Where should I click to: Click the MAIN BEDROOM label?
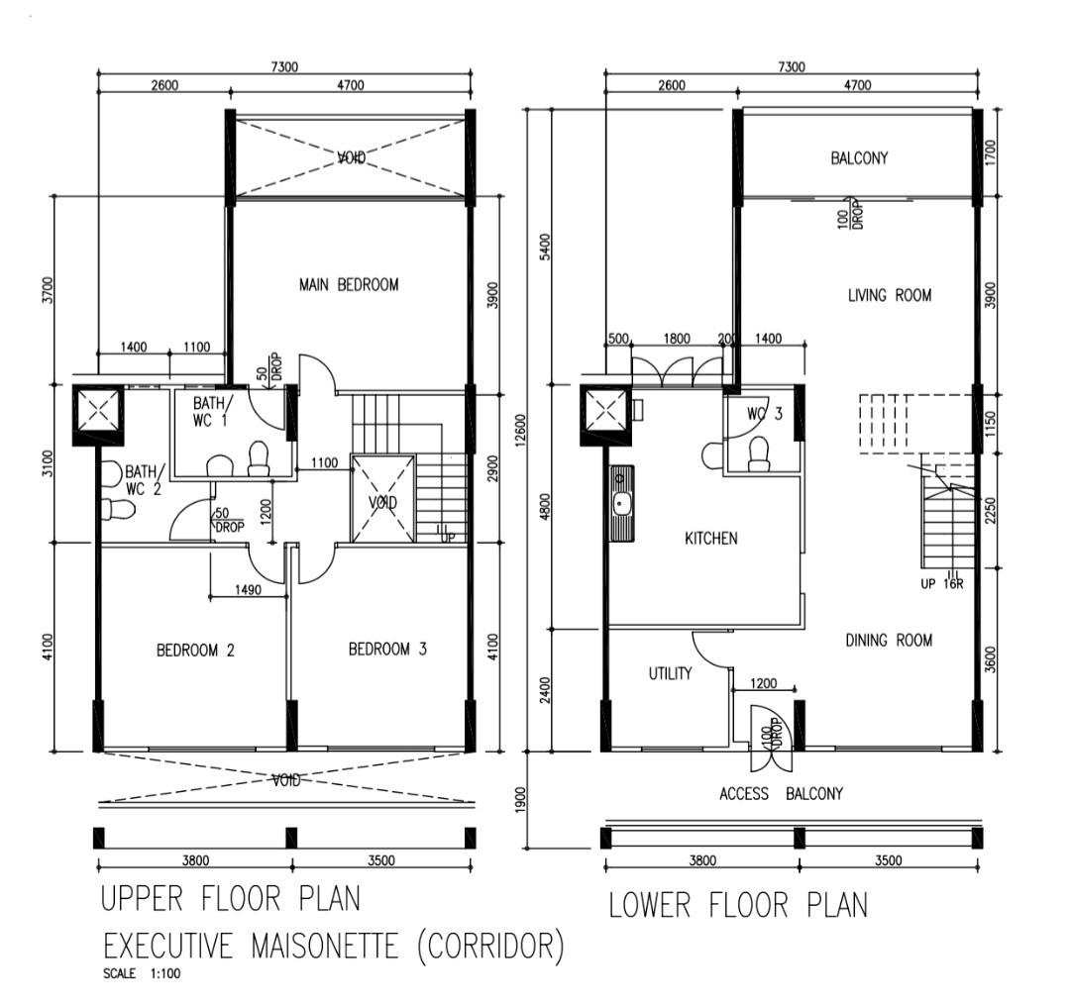point(349,284)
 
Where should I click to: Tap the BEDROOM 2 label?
point(195,650)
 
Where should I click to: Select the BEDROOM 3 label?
point(387,649)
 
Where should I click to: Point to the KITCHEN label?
point(711,538)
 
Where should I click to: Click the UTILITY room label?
point(670,674)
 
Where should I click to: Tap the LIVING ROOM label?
point(890,295)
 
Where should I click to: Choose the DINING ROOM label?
point(889,640)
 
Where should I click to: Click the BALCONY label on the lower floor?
point(859,158)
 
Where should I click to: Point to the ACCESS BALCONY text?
point(782,793)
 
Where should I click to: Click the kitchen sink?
point(621,504)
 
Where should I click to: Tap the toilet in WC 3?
point(759,454)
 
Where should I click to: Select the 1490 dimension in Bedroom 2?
point(248,589)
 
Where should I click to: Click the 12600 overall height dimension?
point(521,431)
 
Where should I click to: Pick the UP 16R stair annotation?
point(942,584)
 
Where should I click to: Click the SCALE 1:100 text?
point(142,973)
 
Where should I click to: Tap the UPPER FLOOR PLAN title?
point(231,899)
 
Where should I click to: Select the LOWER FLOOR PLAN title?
point(738,905)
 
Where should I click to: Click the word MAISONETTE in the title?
point(325,946)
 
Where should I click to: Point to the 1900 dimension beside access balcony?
point(521,800)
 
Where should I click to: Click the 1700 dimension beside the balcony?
point(991,152)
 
